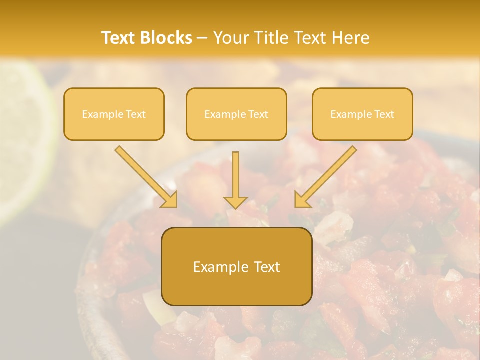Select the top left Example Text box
114,114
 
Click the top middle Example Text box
236,114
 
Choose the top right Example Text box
362,114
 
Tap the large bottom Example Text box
236,266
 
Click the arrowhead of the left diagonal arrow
170,200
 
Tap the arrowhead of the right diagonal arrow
302,200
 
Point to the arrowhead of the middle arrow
235,201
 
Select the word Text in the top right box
385,114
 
